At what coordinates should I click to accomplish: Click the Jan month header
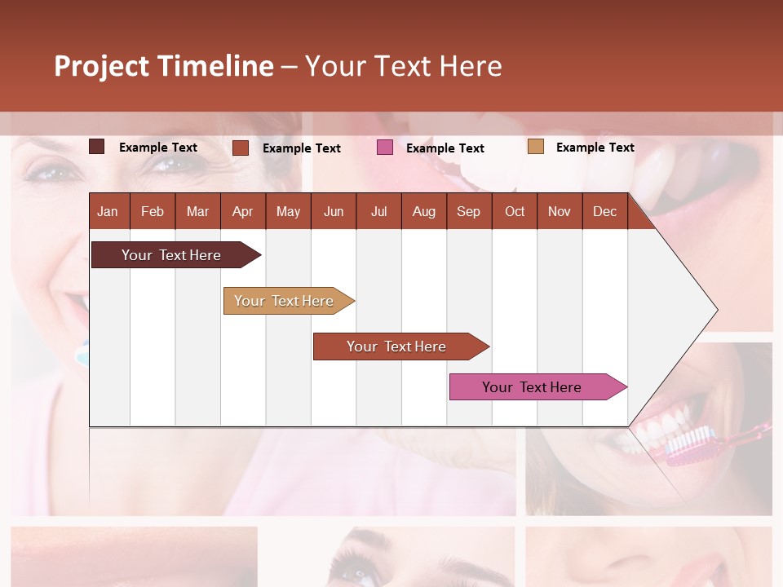[108, 211]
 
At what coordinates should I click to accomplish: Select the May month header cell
[288, 211]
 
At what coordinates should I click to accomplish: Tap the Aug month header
[423, 211]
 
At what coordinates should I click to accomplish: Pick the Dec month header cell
[604, 211]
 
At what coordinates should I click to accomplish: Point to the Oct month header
[515, 211]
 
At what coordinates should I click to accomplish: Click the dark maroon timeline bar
[171, 255]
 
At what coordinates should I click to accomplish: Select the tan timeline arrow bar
[284, 301]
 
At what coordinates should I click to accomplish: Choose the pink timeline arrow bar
[532, 387]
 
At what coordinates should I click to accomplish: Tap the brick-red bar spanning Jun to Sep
[396, 346]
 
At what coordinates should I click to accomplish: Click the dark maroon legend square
[97, 147]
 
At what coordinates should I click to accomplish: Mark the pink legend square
[385, 148]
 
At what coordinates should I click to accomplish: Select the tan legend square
[535, 147]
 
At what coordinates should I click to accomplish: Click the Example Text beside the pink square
[445, 148]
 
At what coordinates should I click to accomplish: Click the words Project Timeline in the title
[164, 66]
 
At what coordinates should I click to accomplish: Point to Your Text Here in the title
[403, 66]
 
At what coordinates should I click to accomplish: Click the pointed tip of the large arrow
[715, 310]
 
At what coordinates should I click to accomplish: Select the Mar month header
[197, 211]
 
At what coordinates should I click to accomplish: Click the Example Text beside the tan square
[595, 148]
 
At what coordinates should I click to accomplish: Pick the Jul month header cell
[378, 211]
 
